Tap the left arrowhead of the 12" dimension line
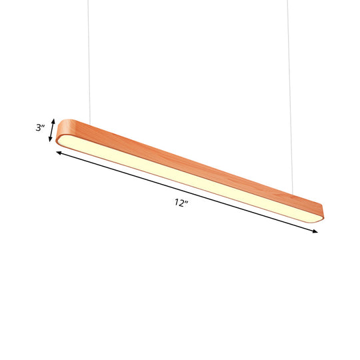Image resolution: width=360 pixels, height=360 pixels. click(x=59, y=153)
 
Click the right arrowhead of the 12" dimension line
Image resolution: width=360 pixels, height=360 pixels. click(x=314, y=231)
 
